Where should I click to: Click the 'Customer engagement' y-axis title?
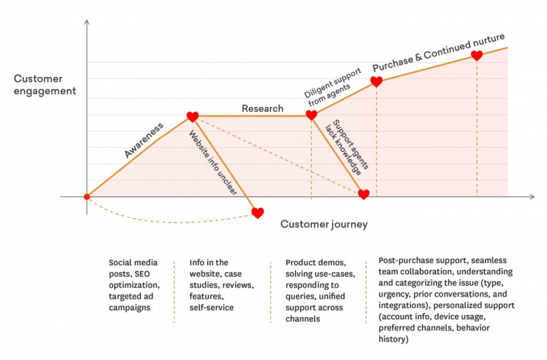[x=44, y=84]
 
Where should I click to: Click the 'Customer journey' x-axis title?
[x=323, y=225]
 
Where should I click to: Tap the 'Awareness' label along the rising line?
[x=143, y=140]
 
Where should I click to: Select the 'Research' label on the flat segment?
[x=262, y=108]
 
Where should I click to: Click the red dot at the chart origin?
[x=87, y=196]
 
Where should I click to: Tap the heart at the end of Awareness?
[x=192, y=116]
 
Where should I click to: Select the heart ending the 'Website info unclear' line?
[x=258, y=212]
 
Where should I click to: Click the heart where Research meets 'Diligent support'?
[x=311, y=115]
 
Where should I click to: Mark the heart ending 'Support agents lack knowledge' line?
[x=363, y=194]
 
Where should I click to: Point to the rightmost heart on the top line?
[x=476, y=55]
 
